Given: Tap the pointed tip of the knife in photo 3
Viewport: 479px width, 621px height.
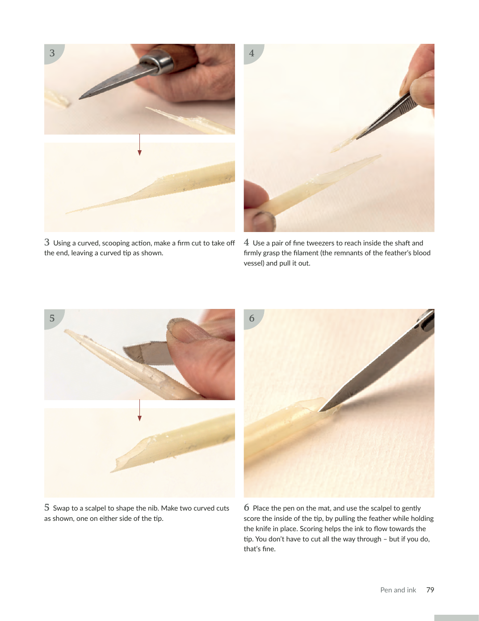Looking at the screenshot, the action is tap(80, 98).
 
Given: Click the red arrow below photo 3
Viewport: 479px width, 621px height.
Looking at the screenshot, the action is tap(139, 144).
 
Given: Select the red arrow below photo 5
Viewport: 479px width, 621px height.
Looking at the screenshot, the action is tap(139, 410).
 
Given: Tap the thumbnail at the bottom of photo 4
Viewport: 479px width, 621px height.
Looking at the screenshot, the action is tap(263, 221).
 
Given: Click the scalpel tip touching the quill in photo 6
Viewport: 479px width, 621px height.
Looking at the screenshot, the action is tap(320, 410).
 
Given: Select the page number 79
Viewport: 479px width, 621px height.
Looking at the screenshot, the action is tap(430, 590).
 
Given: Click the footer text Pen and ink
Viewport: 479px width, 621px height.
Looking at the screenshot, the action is tap(398, 590).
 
